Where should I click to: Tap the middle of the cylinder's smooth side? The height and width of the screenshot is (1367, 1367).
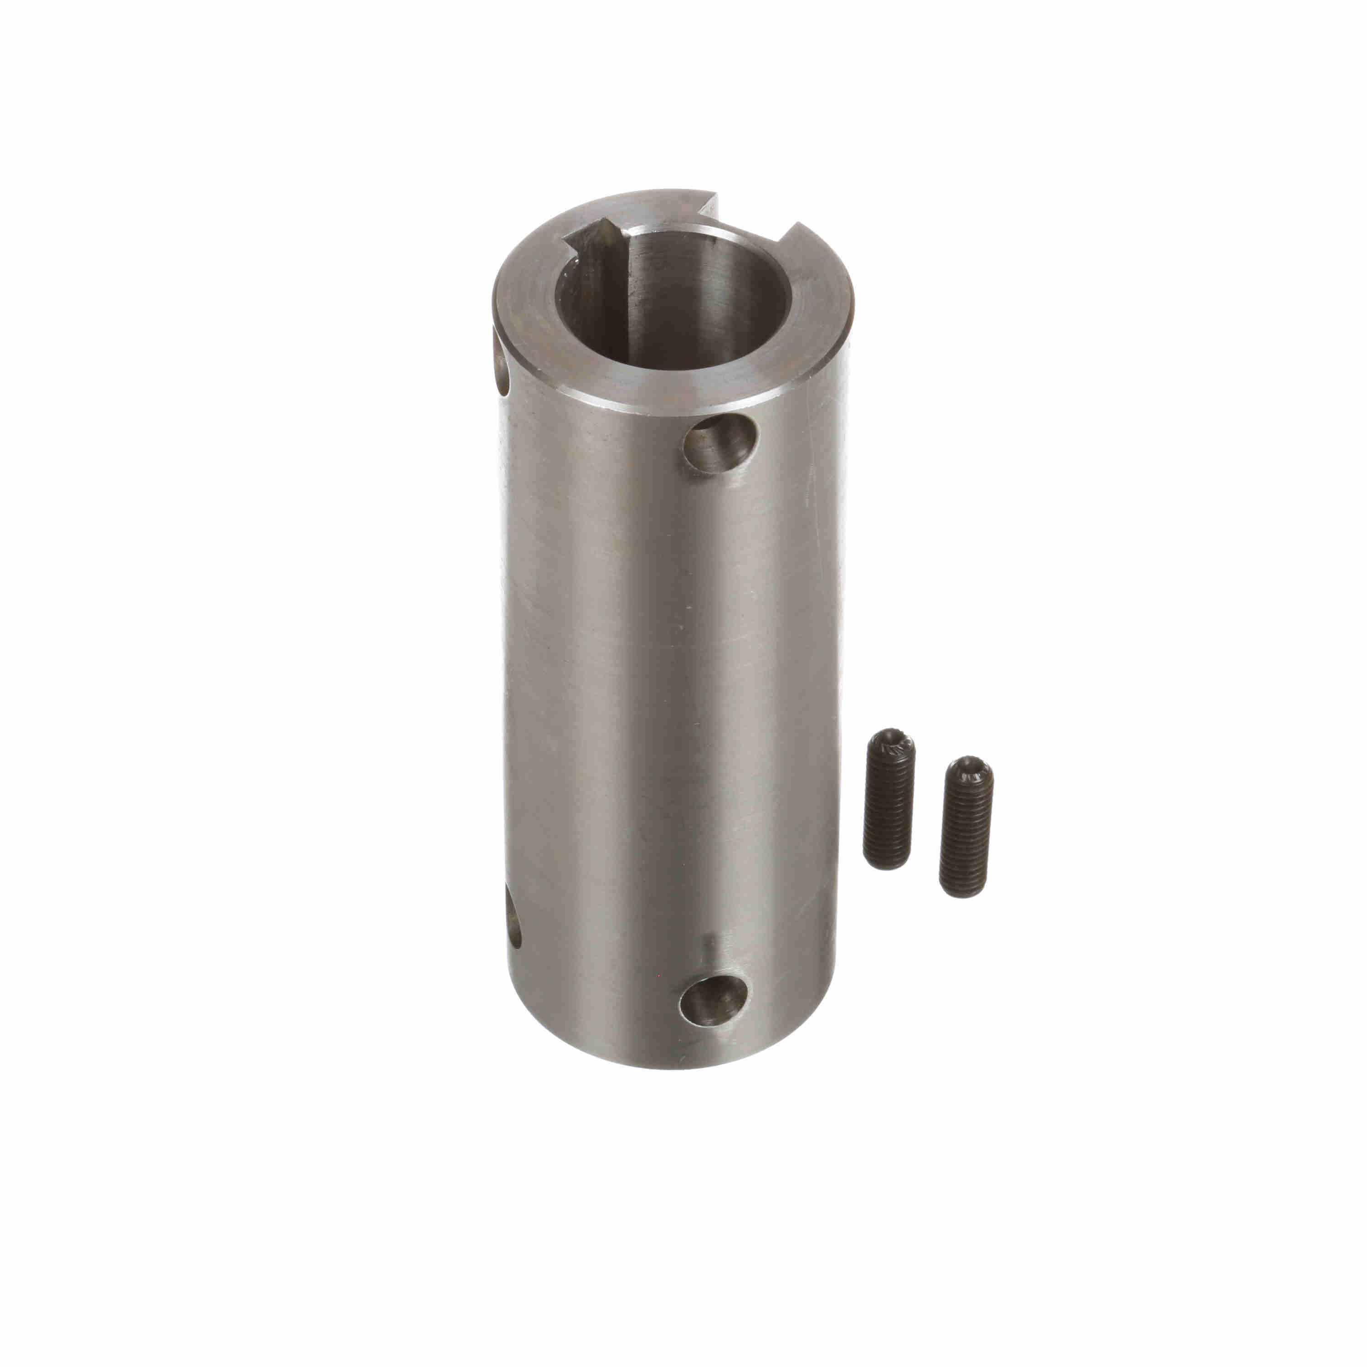pos(672,708)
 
